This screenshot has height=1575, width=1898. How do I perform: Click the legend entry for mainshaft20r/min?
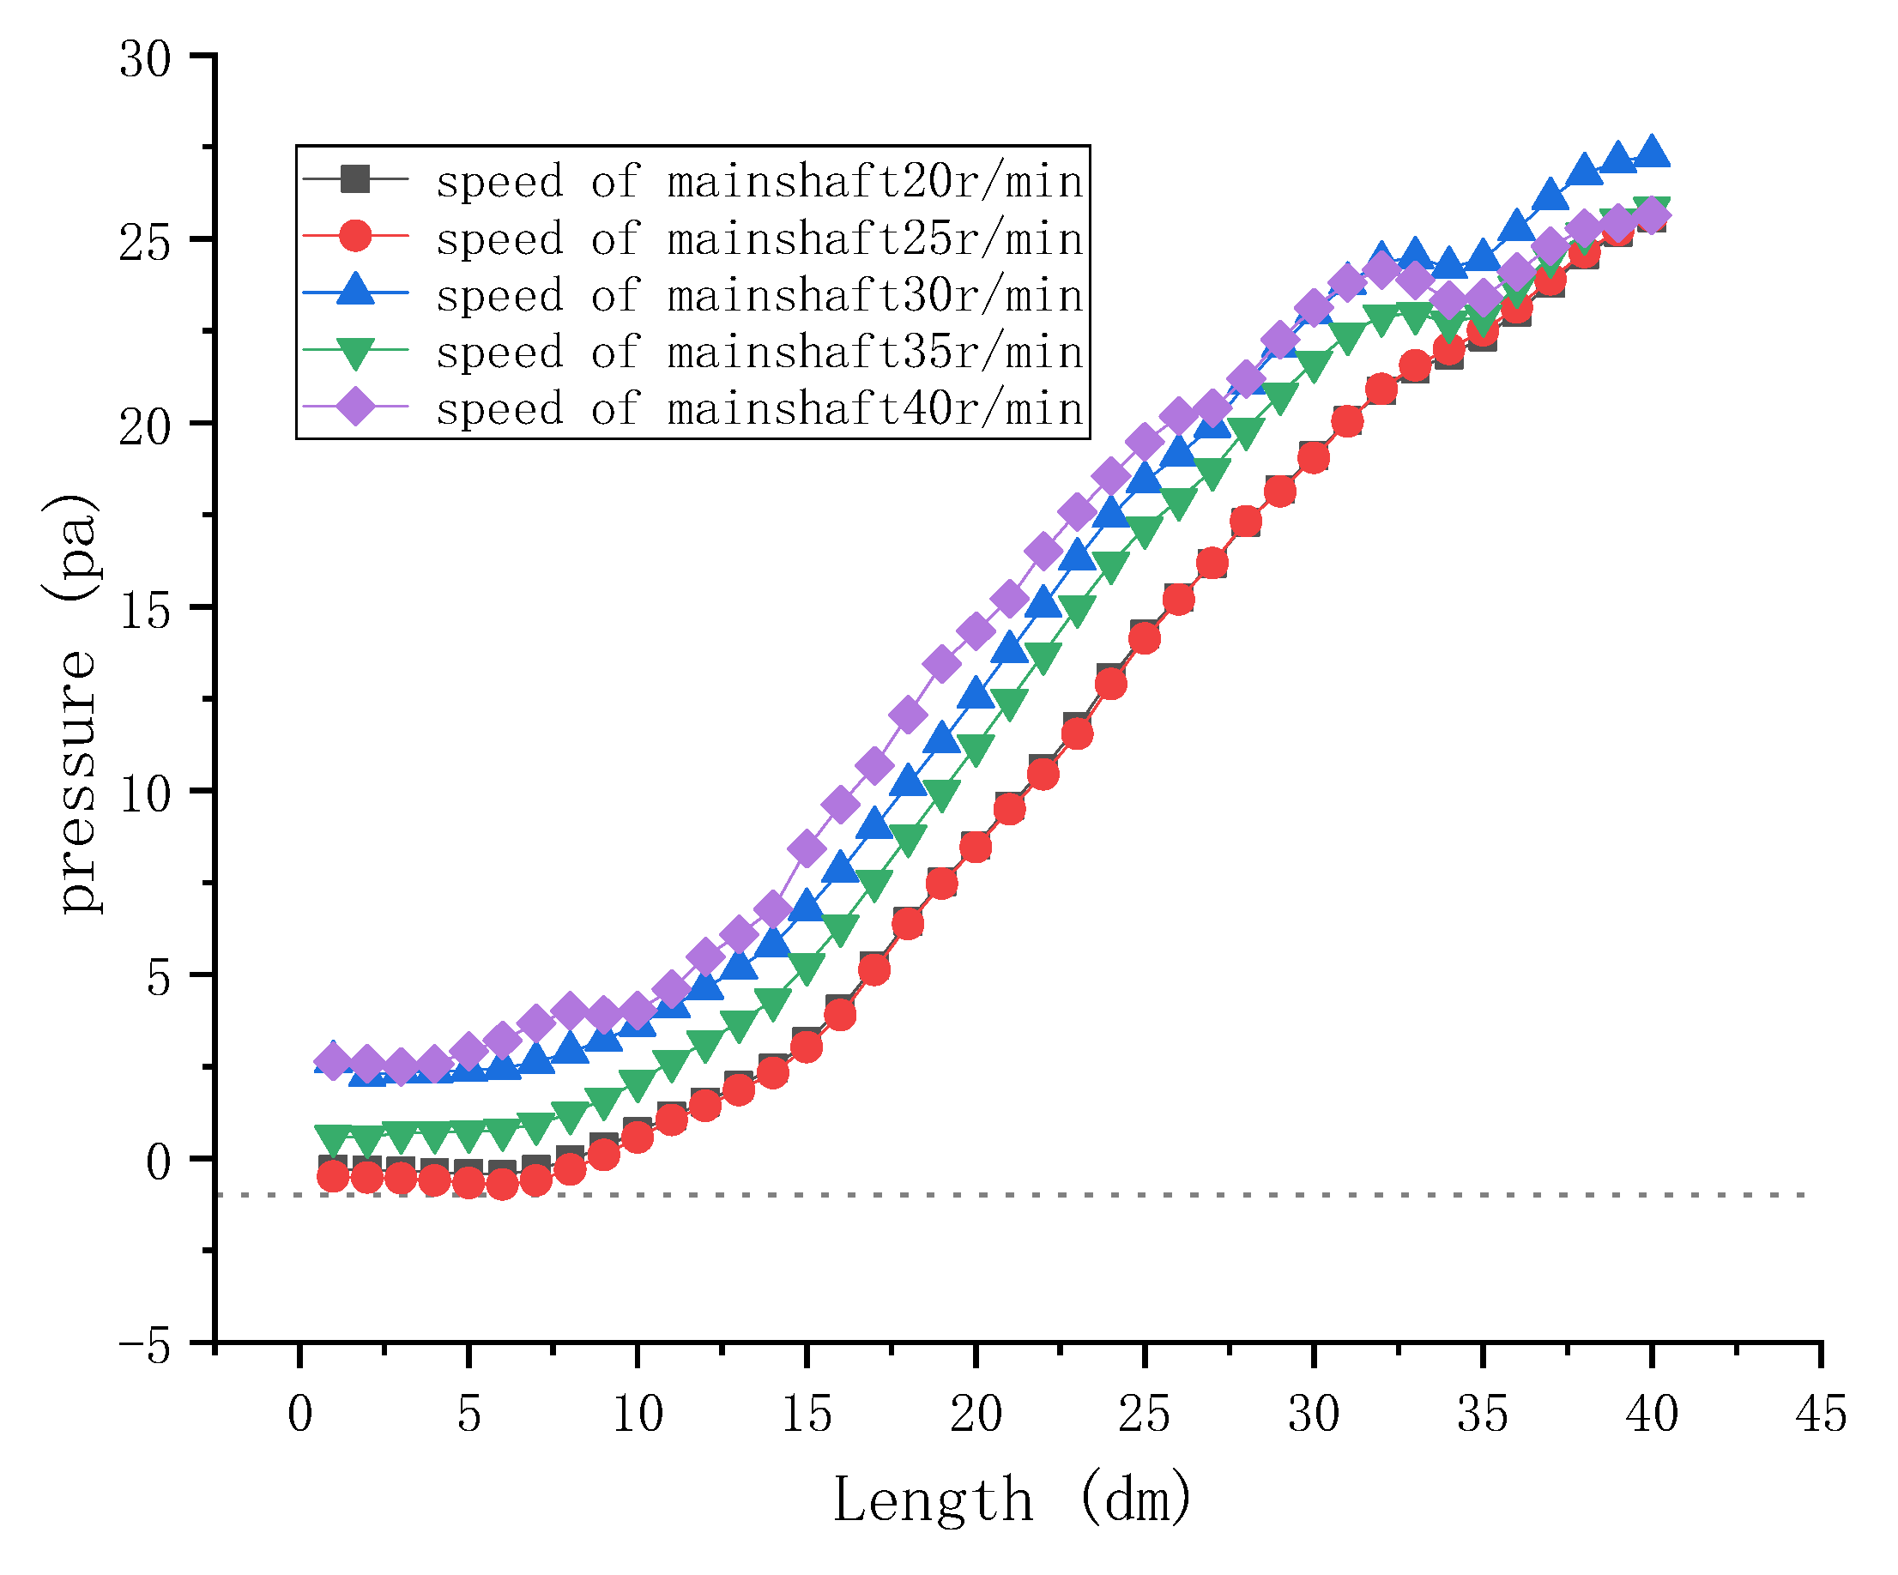[759, 181]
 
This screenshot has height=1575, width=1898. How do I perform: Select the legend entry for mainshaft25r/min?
[759, 238]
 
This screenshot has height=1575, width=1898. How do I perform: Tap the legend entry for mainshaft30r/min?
[759, 294]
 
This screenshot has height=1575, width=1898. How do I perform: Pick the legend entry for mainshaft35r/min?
[759, 352]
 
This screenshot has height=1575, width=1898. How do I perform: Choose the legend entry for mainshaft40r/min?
[759, 408]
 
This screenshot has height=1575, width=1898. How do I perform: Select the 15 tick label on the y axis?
[145, 612]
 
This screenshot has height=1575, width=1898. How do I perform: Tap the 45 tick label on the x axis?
[1820, 1415]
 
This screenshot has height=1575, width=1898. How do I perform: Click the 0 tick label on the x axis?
[299, 1415]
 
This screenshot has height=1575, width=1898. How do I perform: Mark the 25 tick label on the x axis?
[1145, 1415]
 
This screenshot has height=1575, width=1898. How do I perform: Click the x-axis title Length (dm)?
[1012, 1501]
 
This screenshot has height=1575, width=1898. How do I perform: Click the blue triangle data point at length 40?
[1652, 151]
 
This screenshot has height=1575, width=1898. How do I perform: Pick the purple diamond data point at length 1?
[334, 1062]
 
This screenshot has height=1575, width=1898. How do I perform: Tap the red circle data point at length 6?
[503, 1184]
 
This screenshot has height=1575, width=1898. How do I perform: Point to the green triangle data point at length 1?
[334, 1139]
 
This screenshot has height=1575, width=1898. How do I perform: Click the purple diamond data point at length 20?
[976, 631]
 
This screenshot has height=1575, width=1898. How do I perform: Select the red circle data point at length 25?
[1145, 639]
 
